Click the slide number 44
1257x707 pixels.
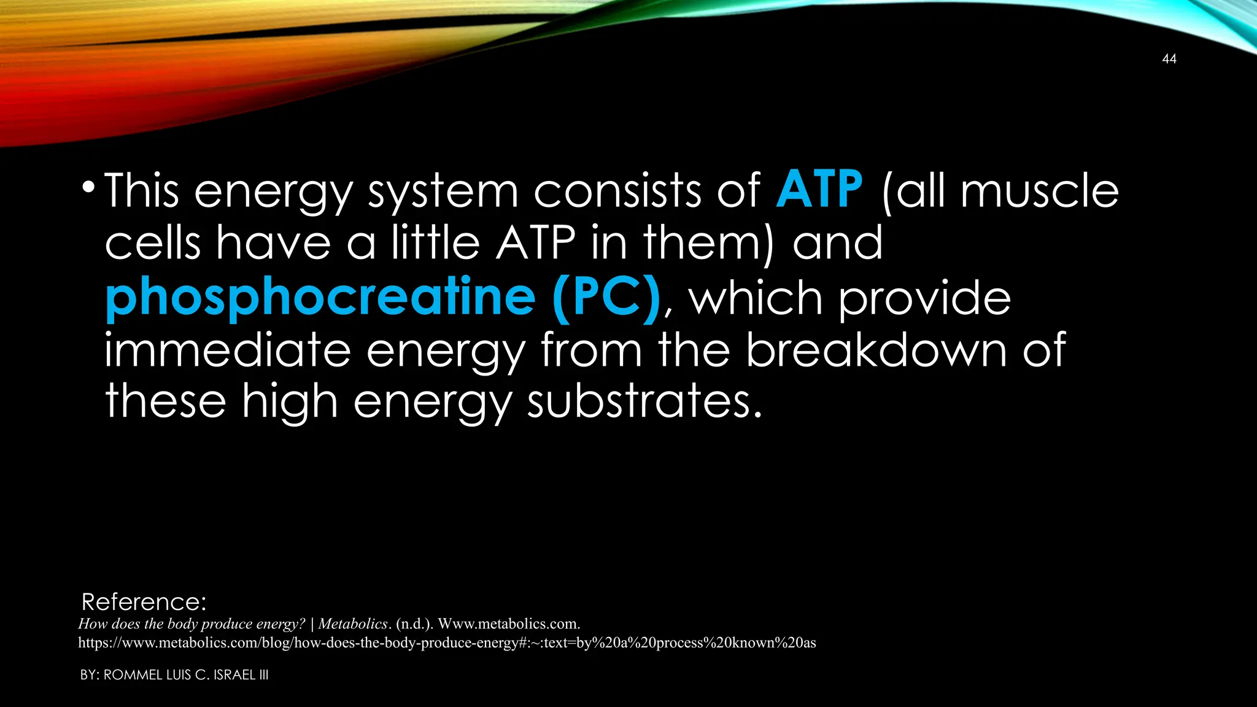(1169, 59)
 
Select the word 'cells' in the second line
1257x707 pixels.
(152, 243)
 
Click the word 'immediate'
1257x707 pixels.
(227, 350)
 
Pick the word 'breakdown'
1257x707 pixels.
(876, 350)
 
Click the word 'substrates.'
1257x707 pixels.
(644, 401)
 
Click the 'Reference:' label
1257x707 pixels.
(144, 602)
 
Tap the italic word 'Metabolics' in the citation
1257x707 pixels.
(353, 624)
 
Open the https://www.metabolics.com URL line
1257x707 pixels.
(447, 643)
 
